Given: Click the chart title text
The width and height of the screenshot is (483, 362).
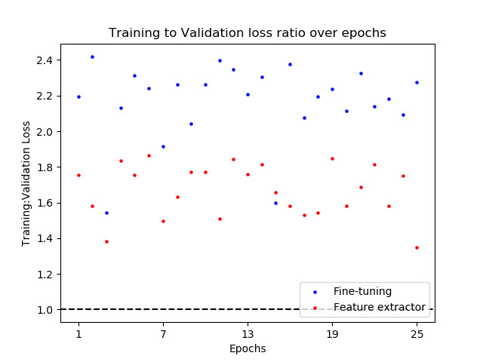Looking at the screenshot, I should [x=248, y=33].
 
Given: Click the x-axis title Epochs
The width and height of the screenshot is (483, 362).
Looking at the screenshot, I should [x=248, y=348].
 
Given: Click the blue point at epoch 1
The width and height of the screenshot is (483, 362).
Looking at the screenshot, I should [x=78, y=97].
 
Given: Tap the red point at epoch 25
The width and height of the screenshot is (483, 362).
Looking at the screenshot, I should [x=417, y=247].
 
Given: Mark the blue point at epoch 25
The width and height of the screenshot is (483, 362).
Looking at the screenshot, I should [x=417, y=82].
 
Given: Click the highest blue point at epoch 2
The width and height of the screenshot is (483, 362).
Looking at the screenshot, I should [x=92, y=57].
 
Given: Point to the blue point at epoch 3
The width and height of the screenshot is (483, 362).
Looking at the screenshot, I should [x=106, y=213].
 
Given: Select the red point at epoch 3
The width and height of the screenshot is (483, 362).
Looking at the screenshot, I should [x=106, y=241].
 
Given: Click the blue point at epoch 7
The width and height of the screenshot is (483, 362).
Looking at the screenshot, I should [x=163, y=146].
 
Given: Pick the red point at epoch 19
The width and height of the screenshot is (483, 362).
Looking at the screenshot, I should [x=332, y=158].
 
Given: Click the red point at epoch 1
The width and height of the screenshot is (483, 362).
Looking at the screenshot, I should [x=78, y=175].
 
